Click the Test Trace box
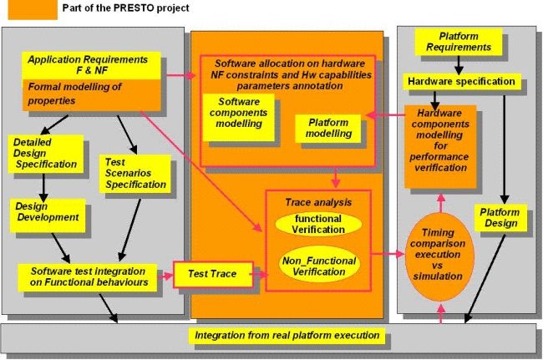point(204,273)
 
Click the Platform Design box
point(502,217)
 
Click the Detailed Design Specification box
point(46,152)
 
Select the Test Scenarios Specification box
point(133,172)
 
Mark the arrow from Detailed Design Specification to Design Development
point(43,184)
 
